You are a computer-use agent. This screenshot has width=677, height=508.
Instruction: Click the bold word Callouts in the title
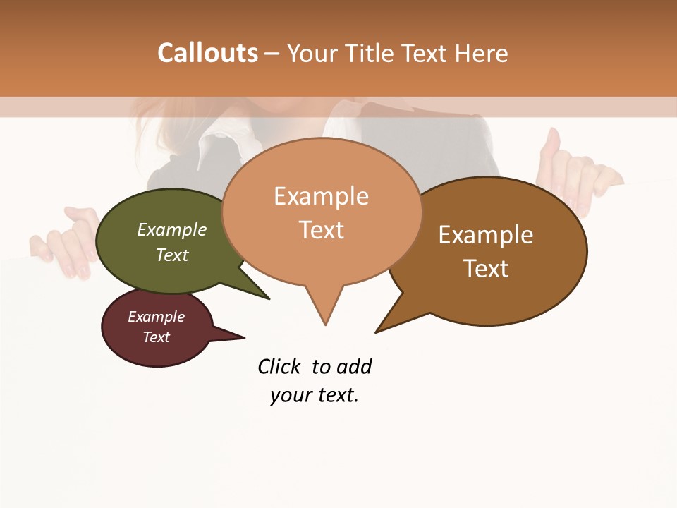207,53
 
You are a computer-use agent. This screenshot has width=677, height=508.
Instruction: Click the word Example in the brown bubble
486,235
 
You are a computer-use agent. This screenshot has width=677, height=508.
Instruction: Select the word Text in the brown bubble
486,269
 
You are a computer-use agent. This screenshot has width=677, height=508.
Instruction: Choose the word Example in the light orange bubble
321,196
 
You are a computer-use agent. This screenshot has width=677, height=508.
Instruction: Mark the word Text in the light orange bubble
321,230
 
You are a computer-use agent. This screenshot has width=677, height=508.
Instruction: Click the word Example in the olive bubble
172,230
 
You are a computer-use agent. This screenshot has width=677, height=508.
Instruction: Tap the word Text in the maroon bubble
157,337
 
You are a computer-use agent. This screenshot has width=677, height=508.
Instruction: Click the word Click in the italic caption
279,367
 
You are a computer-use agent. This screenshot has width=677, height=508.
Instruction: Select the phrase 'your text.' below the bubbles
315,395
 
